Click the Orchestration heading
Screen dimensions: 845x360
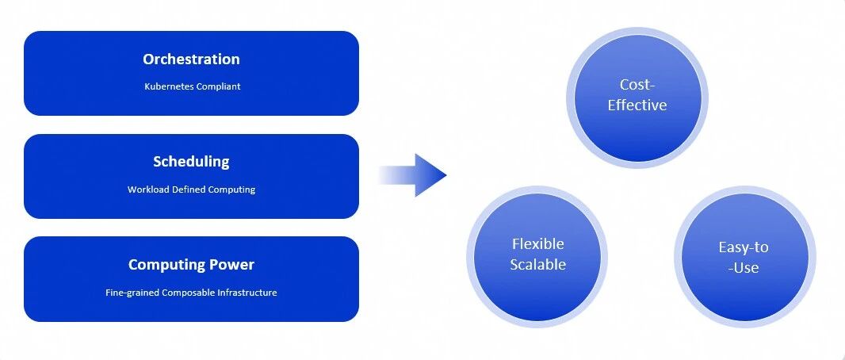pos(191,59)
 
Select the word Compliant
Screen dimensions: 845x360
pos(218,86)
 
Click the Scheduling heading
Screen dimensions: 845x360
pos(191,162)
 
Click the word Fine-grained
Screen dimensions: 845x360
pos(132,293)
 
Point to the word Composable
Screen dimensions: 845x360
pos(188,293)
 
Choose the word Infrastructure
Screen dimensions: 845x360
pos(247,293)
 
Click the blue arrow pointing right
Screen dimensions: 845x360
pos(412,175)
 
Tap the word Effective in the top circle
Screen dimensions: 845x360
pos(637,105)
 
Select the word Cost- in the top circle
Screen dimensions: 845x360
pos(637,85)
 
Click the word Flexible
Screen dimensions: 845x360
pos(537,244)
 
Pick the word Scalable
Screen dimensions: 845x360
pos(537,265)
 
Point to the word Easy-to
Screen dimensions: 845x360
pos(744,248)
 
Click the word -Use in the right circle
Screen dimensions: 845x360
pos(744,267)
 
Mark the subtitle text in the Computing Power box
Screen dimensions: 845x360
pos(191,293)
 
